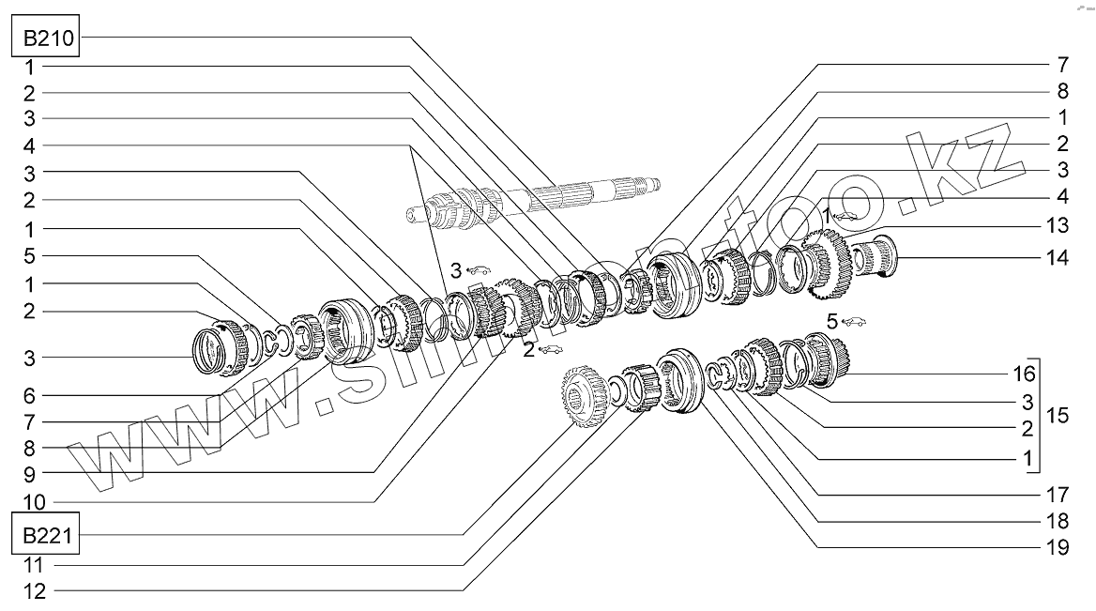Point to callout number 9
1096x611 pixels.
tap(29, 471)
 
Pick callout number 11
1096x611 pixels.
tap(35, 565)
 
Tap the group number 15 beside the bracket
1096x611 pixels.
tap(1058, 414)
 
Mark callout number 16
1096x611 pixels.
tap(1024, 374)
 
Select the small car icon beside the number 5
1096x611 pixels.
tap(855, 321)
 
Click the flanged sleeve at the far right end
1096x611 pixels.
tap(877, 252)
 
